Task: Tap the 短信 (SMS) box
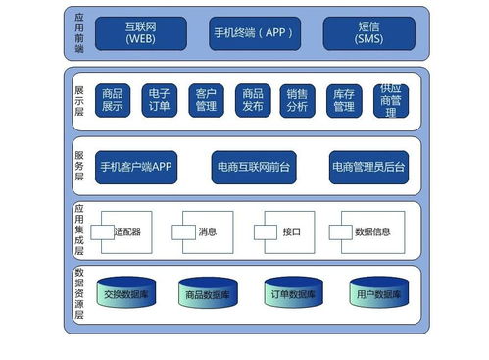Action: (368, 32)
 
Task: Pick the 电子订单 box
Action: (160, 100)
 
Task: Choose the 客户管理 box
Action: (206, 100)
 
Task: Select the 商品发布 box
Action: (252, 100)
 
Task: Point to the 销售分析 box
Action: (298, 100)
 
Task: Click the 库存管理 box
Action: (344, 100)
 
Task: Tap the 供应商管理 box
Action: (390, 100)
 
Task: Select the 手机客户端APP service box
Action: (136, 167)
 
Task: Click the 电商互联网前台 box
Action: (254, 167)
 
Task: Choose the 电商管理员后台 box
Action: (368, 167)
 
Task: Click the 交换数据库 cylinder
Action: (126, 294)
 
